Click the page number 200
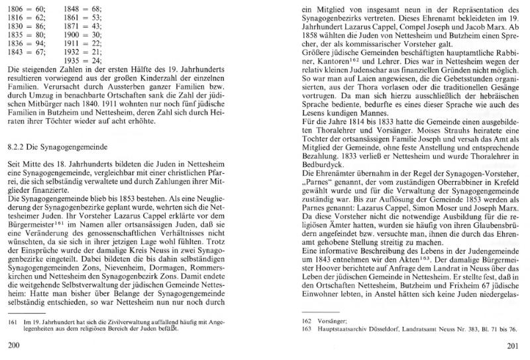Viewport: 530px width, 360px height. (x=12, y=345)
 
